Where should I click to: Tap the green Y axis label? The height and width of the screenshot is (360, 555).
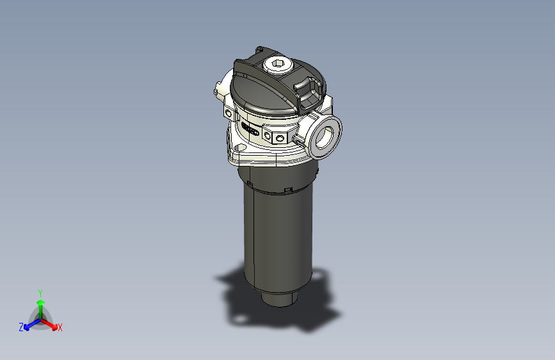pos(40,291)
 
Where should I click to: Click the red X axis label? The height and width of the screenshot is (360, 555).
pos(60,327)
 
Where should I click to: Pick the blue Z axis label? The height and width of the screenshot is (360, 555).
pos(21,327)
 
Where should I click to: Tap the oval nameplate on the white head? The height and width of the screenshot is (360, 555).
pos(250,131)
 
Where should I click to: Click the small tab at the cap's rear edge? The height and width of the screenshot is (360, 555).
pos(259,49)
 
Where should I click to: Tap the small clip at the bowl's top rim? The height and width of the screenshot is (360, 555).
pos(288,190)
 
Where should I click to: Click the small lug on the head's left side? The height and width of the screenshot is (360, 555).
pos(218,90)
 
